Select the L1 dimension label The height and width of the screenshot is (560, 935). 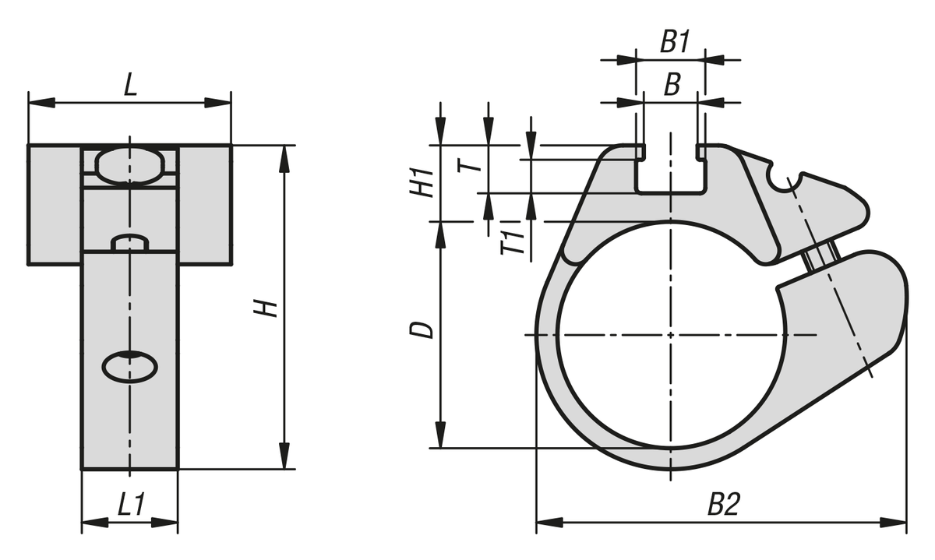[130, 506]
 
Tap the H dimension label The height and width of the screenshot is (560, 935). [269, 308]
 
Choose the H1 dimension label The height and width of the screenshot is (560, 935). [423, 183]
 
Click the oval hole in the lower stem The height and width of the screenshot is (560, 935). [130, 366]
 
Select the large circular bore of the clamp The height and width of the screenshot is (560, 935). [670, 335]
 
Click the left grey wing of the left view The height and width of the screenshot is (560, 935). [55, 205]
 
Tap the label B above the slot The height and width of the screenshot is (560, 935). [671, 86]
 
